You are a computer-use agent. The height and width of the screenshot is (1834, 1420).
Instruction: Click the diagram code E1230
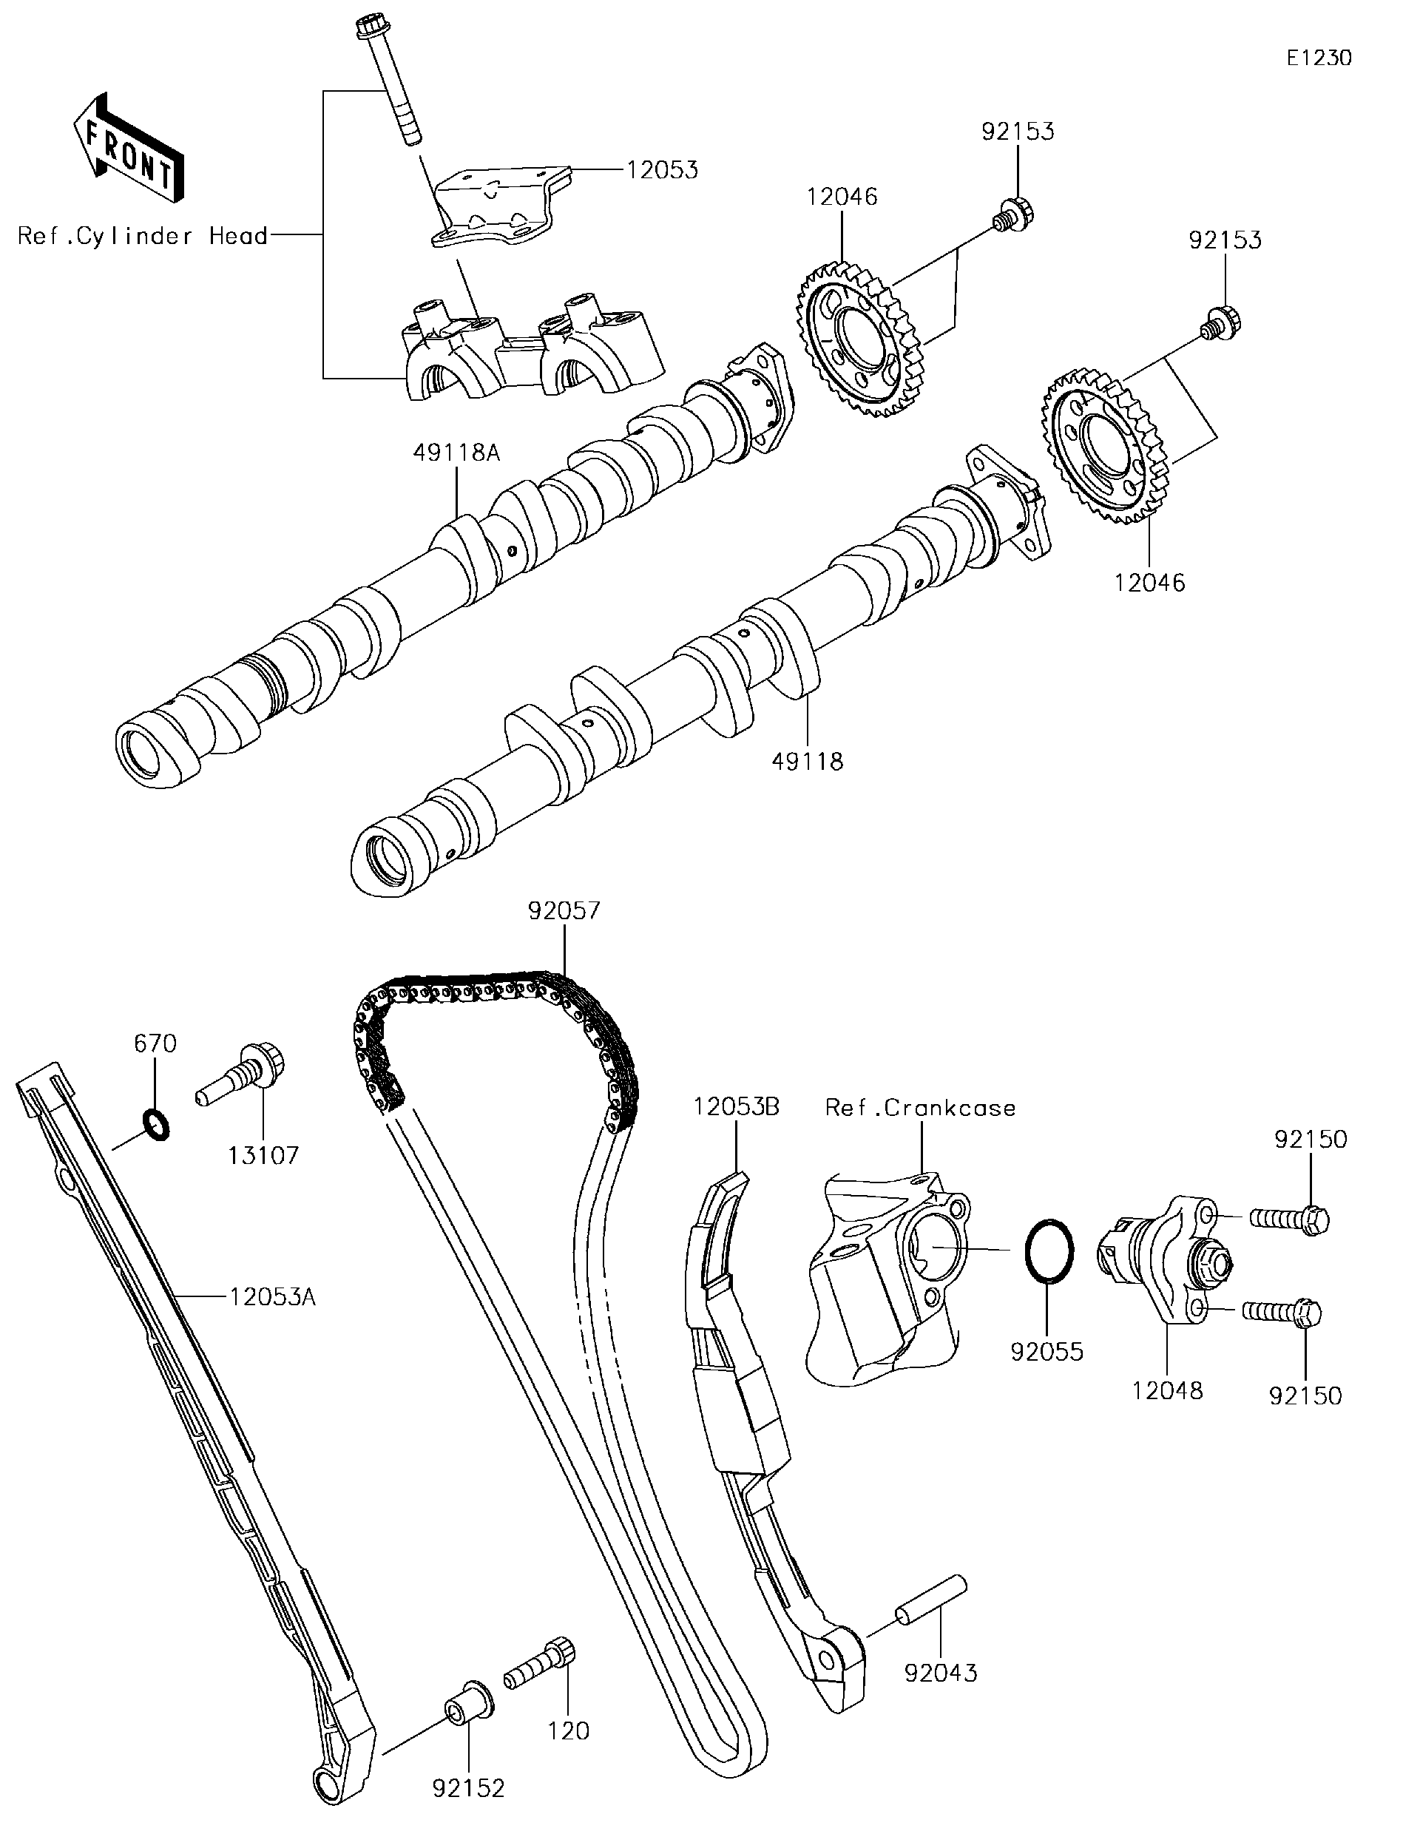coord(1319,58)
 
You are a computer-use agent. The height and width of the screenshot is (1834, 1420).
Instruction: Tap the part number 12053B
coord(736,1107)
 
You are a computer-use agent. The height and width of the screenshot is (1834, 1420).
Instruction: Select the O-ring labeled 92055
coord(1049,1250)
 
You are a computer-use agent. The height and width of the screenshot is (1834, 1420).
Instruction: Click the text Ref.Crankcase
coord(920,1108)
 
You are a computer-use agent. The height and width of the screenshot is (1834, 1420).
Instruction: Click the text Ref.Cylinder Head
coord(143,236)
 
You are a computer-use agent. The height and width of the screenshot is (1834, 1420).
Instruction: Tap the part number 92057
coord(564,910)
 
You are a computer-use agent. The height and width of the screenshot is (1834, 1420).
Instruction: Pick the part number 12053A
coord(273,1297)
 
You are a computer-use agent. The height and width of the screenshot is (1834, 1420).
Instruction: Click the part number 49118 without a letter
coord(807,762)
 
